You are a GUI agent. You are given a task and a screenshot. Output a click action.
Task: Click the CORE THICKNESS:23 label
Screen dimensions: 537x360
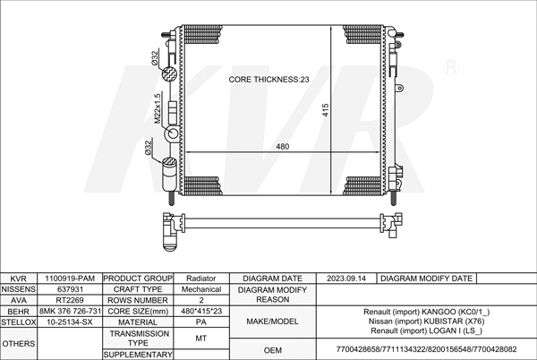268,80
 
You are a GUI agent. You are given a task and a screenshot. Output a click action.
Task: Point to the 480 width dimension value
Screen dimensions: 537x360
283,147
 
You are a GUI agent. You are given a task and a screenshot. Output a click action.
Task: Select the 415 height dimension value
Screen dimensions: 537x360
326,110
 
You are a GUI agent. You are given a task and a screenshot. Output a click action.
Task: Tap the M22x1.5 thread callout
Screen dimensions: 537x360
158,108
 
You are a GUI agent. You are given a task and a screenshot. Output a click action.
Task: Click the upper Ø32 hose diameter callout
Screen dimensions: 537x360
155,58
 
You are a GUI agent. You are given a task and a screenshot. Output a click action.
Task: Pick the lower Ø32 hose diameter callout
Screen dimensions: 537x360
149,147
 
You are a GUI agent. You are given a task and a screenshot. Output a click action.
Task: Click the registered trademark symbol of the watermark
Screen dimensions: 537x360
451,67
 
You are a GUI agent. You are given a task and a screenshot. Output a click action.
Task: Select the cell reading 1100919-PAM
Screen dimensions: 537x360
70,279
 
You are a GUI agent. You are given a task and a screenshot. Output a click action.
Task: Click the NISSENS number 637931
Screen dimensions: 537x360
70,289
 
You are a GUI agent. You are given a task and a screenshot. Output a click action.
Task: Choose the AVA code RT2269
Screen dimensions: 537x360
70,300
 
